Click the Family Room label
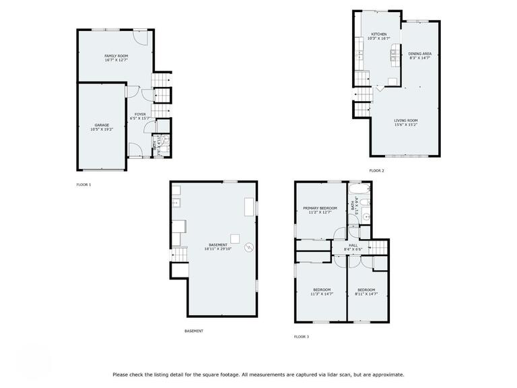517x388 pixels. click(116, 57)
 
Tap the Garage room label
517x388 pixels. click(102, 127)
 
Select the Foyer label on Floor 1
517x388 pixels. click(140, 117)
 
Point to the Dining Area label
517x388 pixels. click(419, 55)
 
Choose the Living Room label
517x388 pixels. click(406, 123)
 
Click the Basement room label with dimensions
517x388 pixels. click(217, 247)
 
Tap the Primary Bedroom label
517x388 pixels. click(319, 210)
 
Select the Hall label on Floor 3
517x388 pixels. click(353, 247)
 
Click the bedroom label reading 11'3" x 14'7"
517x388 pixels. click(321, 292)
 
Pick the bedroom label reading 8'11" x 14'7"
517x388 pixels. click(366, 292)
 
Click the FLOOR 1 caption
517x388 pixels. click(83, 184)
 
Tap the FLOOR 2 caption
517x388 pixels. click(376, 170)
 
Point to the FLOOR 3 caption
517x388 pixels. click(302, 336)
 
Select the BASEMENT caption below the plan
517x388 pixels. click(194, 331)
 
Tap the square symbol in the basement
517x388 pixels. click(236, 238)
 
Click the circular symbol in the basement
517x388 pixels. click(250, 248)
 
